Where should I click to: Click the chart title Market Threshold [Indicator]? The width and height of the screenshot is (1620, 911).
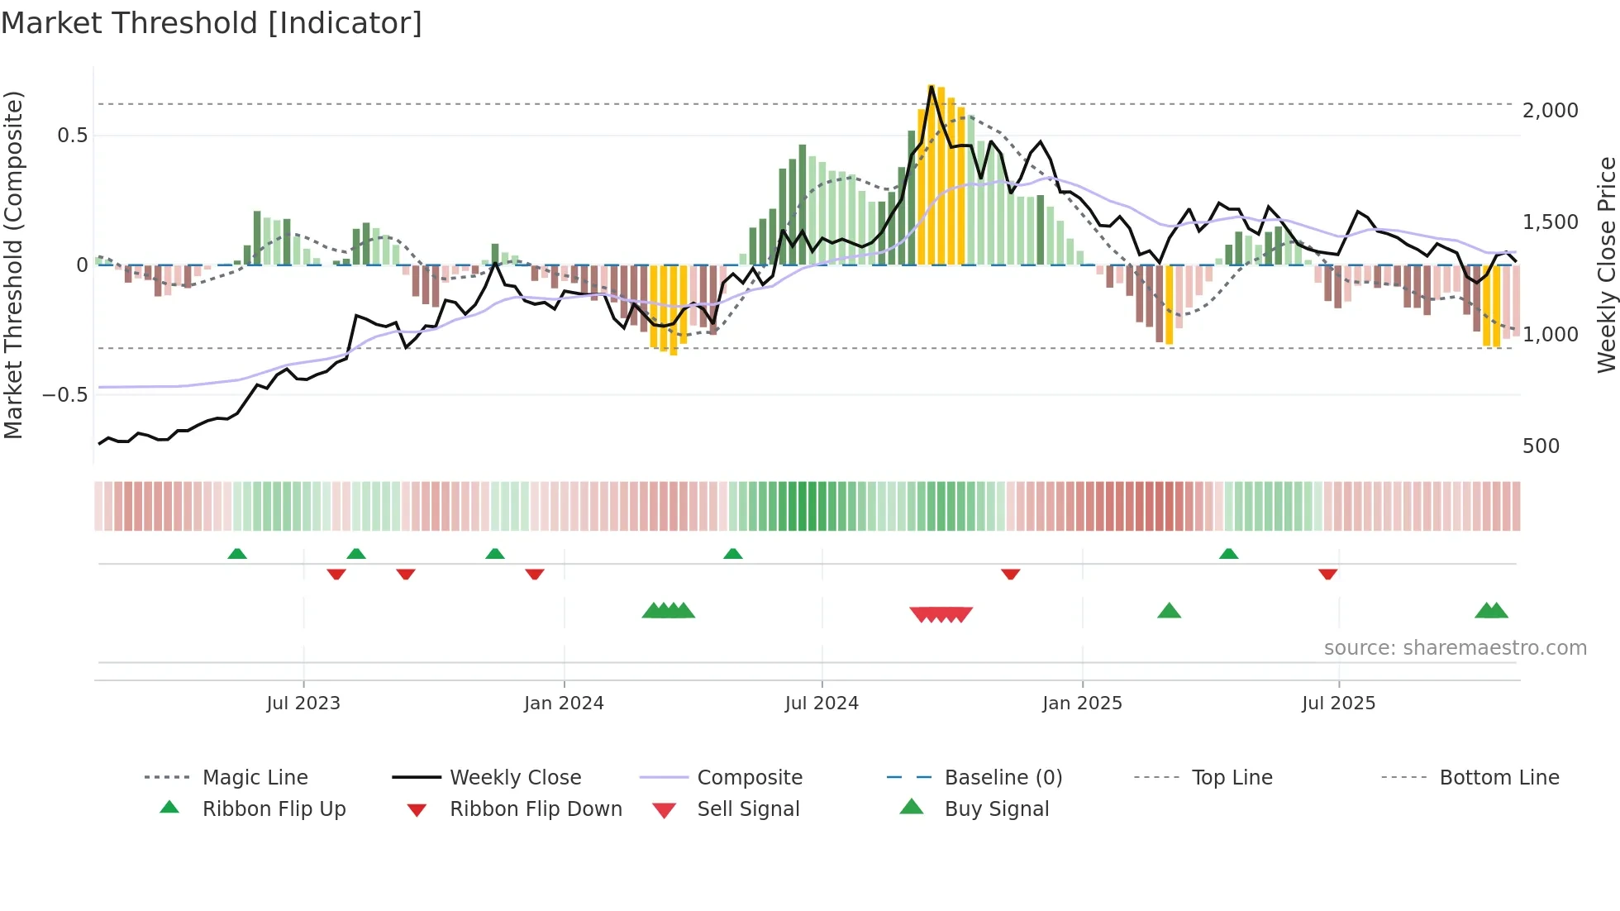pos(212,23)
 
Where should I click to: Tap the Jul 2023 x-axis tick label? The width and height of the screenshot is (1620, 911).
pos(303,704)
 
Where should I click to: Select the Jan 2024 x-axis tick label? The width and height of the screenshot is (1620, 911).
pos(564,704)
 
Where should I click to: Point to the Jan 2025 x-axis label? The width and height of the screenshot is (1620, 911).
pos(1082,704)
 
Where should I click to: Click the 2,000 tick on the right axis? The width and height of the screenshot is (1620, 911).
pos(1550,111)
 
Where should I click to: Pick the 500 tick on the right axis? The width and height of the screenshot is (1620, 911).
pos(1541,446)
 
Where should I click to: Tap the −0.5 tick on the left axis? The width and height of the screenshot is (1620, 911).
pos(64,395)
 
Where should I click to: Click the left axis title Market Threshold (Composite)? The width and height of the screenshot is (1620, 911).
pos(13,265)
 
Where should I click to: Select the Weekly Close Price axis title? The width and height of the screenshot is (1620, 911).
pos(1606,265)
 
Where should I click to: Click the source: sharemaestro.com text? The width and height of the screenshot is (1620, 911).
pos(1455,648)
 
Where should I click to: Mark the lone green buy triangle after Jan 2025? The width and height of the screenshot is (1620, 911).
pos(1169,611)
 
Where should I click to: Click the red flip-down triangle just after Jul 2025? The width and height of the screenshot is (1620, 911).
pos(1327,574)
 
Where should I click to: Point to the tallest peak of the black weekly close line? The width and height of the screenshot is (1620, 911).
pos(931,86)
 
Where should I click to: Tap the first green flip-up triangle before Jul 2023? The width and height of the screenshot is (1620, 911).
pos(237,553)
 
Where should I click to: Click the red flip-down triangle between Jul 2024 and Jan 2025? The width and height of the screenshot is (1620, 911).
pos(1010,574)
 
